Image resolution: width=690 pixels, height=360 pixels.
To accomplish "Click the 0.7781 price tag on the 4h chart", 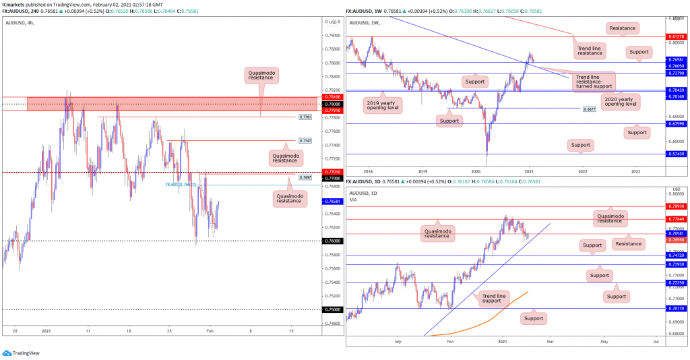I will click(x=304, y=117).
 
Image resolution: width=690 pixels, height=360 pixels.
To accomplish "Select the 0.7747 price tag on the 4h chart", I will click(x=304, y=140).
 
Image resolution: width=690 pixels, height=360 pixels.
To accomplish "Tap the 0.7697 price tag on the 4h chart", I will click(x=304, y=177).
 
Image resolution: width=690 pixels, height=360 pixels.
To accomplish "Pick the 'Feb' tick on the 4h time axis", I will click(x=210, y=332).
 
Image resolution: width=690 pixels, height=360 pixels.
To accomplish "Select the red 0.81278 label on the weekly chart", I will click(x=676, y=36).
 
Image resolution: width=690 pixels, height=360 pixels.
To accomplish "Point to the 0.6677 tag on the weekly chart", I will click(x=590, y=108).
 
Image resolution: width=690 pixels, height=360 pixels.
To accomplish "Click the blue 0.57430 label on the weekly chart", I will click(x=676, y=154).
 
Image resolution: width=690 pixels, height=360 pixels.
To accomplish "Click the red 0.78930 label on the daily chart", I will click(x=676, y=206).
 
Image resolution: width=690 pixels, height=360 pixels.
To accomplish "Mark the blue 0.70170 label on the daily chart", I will click(x=676, y=309).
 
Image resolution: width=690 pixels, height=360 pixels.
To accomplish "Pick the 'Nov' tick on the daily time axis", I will click(x=449, y=342).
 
